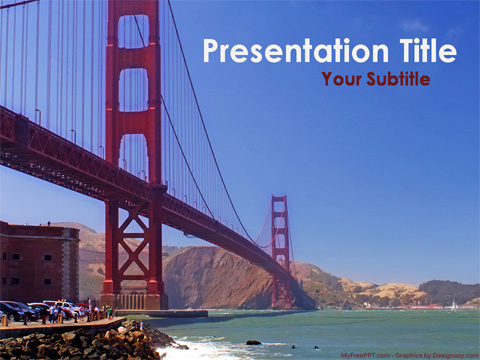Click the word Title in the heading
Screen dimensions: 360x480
[x=420, y=51]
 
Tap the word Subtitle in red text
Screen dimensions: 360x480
[x=398, y=79]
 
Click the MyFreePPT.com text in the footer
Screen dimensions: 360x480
[x=366, y=355]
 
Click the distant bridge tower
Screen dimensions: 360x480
[x=280, y=250]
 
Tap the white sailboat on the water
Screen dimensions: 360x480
[x=453, y=305]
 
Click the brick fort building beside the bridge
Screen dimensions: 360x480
[x=38, y=262]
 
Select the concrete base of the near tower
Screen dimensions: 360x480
[x=134, y=300]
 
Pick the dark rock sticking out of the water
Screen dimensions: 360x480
[x=253, y=343]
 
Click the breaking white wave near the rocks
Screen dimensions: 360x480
[x=200, y=349]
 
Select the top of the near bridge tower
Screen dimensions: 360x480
[x=133, y=10]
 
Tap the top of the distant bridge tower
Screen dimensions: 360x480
[x=279, y=199]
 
